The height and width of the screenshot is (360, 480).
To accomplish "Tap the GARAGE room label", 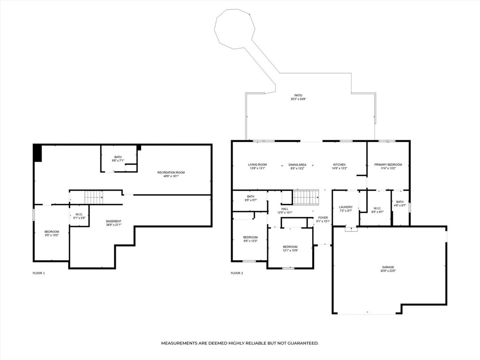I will click(388, 267).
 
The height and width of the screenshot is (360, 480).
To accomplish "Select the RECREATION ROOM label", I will click(171, 172).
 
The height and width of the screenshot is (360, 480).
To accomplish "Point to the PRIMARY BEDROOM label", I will click(388, 165).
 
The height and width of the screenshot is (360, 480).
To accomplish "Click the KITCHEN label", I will click(339, 165).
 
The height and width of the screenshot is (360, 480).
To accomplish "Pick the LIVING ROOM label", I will click(257, 165).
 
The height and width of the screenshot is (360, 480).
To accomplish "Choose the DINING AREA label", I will click(297, 165).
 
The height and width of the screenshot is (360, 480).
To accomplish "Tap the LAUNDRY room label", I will click(346, 207).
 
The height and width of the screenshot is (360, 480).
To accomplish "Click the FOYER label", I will click(323, 217).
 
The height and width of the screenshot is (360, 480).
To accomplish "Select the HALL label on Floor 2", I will click(285, 209).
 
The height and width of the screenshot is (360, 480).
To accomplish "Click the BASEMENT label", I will click(113, 221).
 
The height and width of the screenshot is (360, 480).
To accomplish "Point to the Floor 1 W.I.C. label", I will click(79, 214).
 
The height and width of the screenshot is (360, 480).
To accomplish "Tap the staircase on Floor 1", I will click(94, 197).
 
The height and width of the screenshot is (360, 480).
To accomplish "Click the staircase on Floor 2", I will click(306, 197).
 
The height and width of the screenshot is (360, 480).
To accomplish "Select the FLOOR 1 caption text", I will click(38, 273).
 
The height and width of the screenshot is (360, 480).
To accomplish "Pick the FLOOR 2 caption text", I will click(237, 273).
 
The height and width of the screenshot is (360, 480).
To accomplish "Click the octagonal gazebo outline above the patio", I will click(233, 28).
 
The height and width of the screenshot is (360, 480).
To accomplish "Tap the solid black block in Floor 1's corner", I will click(37, 153).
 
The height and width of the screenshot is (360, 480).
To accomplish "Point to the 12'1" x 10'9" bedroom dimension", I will click(290, 250).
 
